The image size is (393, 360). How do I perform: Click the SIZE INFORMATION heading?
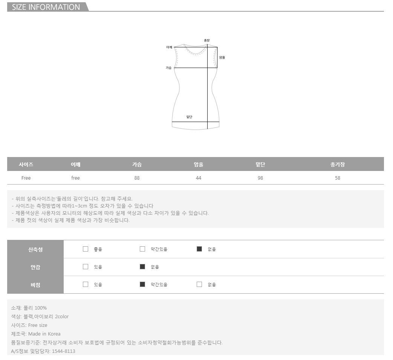46,7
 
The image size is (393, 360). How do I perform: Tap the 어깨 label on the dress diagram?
169,47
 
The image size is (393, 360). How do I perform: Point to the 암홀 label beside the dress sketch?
222,57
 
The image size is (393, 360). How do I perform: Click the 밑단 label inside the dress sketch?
189,117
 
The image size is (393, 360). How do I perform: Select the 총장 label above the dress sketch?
206,40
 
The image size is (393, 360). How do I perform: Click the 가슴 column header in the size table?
137,164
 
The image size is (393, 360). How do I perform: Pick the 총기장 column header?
337,164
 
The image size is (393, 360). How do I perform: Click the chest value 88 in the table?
137,178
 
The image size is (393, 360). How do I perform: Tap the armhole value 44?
199,178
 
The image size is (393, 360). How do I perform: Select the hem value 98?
260,178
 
